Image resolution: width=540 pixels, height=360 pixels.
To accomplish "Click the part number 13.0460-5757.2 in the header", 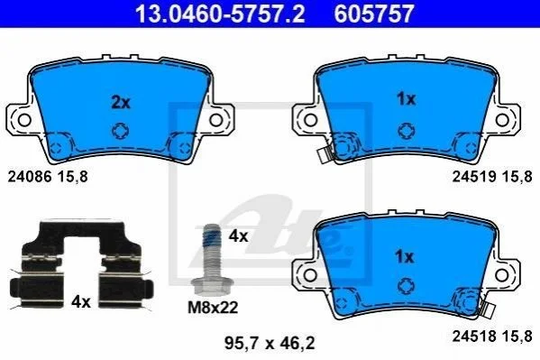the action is (x=220, y=14).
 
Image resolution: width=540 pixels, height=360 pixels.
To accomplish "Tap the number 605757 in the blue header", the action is (x=373, y=14).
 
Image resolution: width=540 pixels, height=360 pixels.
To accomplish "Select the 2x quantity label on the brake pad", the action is (x=121, y=103).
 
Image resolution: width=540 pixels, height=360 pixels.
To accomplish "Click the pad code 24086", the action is (x=30, y=177).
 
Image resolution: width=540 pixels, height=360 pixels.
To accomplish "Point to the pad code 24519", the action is (x=474, y=177).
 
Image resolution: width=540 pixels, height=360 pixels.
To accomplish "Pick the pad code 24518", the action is (x=474, y=336).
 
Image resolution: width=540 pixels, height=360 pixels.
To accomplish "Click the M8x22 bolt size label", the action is (x=213, y=308).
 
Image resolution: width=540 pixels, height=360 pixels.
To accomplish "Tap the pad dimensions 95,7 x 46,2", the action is (x=270, y=343).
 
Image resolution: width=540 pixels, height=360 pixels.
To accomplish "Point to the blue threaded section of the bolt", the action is (x=212, y=237).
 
